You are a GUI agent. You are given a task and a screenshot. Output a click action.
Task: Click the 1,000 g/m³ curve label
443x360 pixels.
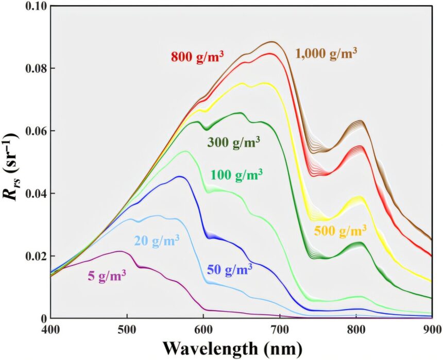pos(326,53)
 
